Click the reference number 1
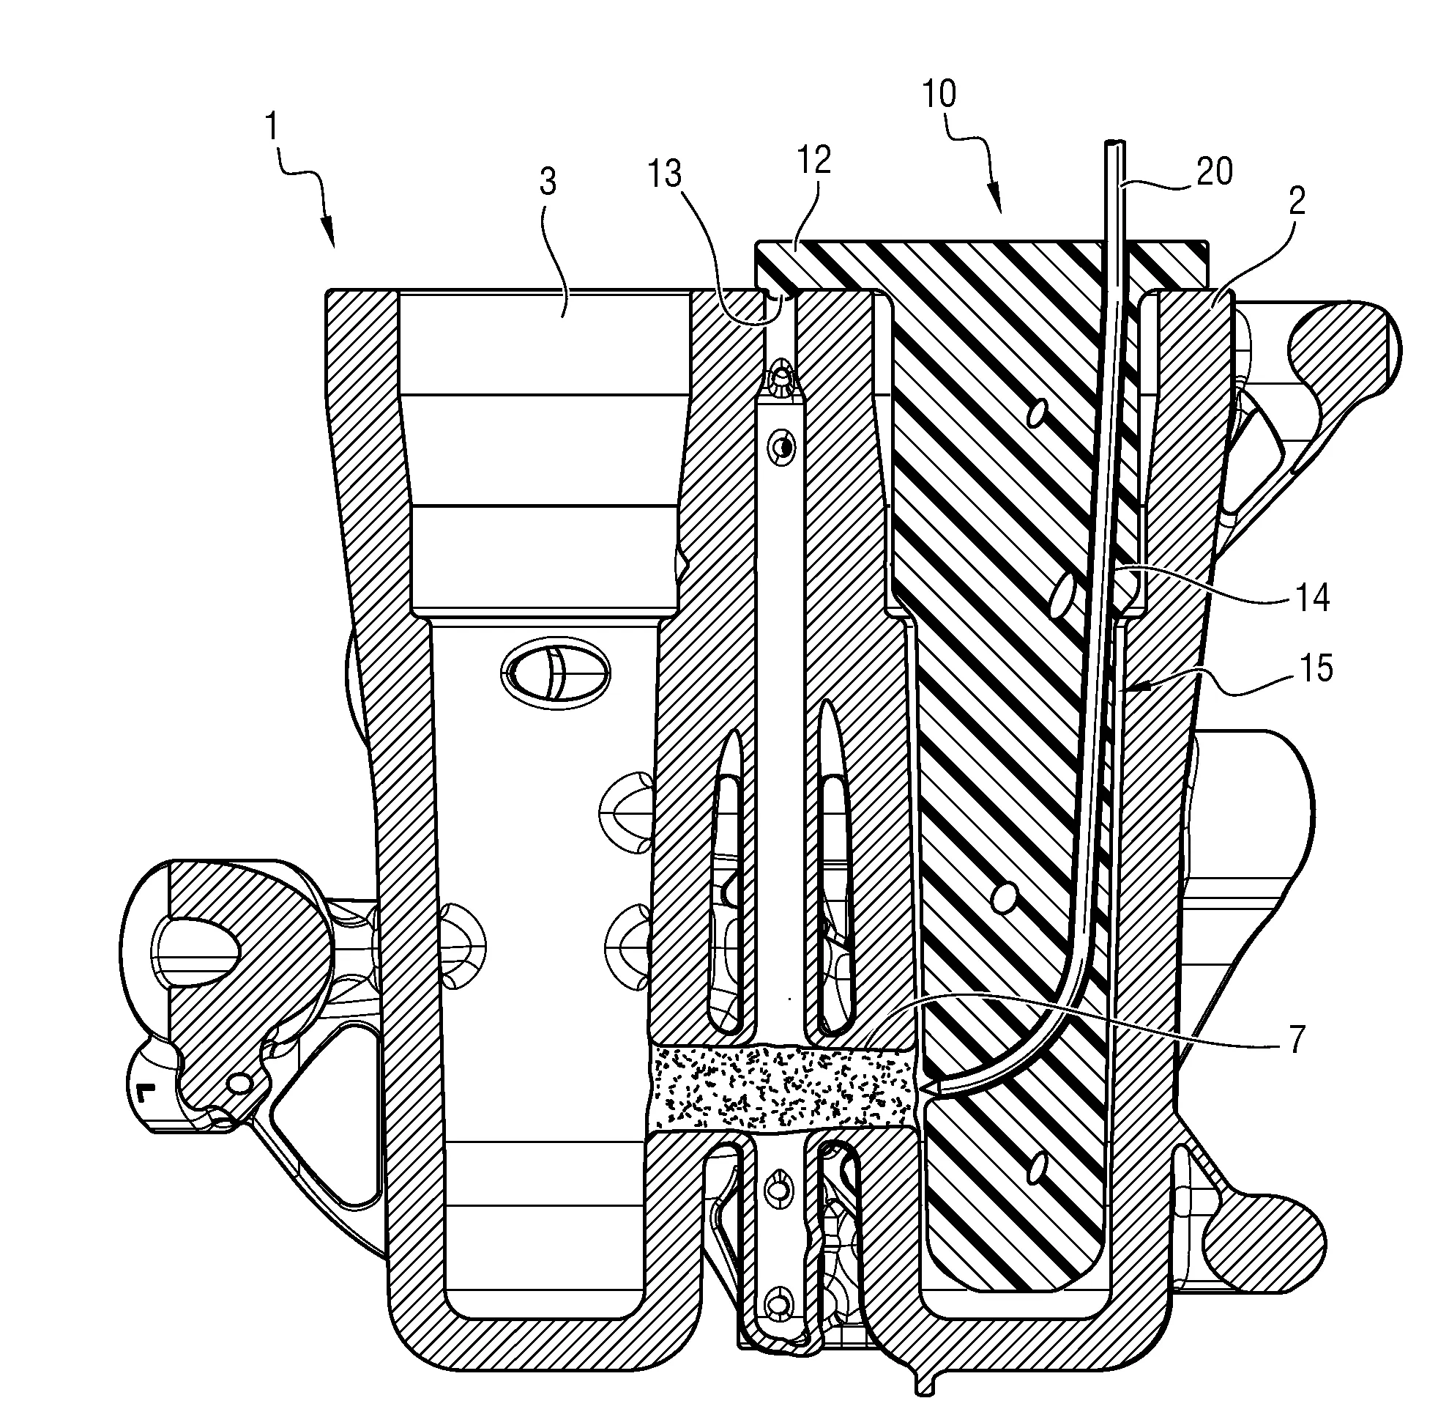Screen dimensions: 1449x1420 [x=274, y=127]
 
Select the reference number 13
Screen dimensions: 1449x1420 [x=665, y=174]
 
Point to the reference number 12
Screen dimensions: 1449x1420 [x=813, y=160]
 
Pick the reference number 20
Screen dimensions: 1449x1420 [x=1214, y=172]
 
